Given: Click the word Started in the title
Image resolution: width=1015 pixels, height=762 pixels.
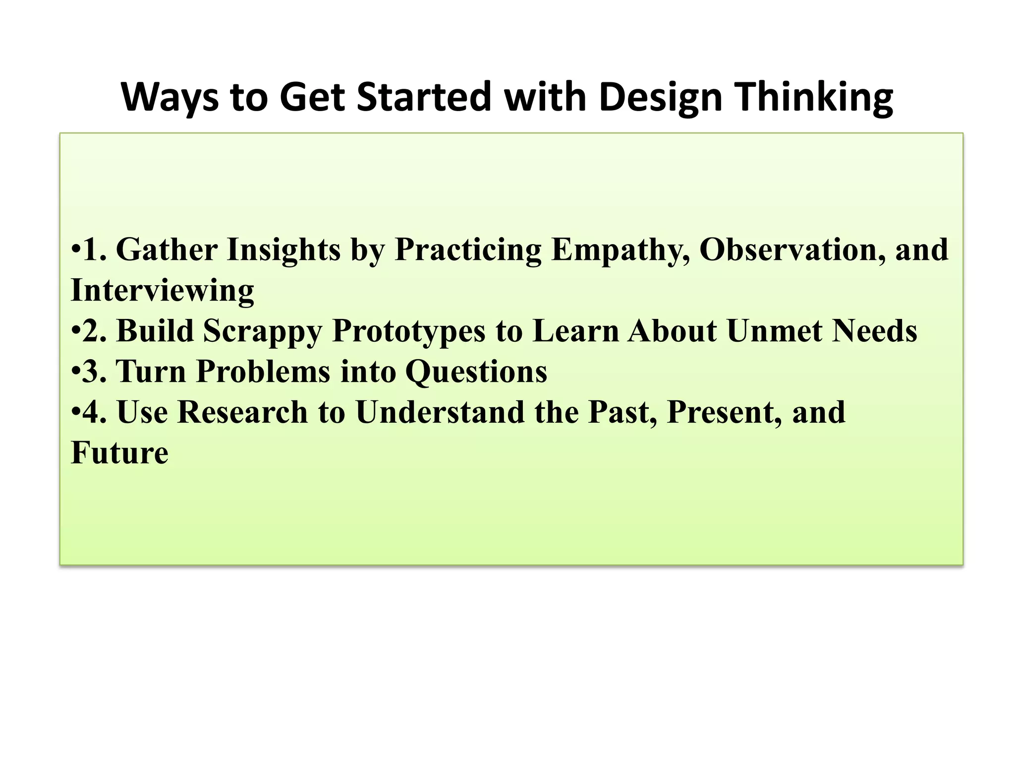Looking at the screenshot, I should pyautogui.click(x=424, y=97).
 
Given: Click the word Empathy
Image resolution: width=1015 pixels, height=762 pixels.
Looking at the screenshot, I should pyautogui.click(x=620, y=250).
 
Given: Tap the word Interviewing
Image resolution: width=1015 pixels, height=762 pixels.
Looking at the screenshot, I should pyautogui.click(x=163, y=291).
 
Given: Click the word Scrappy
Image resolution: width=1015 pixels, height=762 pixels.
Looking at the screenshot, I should pyautogui.click(x=263, y=331).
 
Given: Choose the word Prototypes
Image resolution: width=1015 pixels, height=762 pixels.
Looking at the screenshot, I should pyautogui.click(x=408, y=331).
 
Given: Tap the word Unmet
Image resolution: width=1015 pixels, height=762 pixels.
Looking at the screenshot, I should pyautogui.click(x=774, y=331).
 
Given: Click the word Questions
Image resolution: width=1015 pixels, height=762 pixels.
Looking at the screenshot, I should pyautogui.click(x=476, y=372).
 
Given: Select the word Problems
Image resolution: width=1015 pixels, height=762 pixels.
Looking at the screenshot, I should pyautogui.click(x=263, y=372).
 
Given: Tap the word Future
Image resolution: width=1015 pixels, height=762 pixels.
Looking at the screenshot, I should pyautogui.click(x=119, y=453).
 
